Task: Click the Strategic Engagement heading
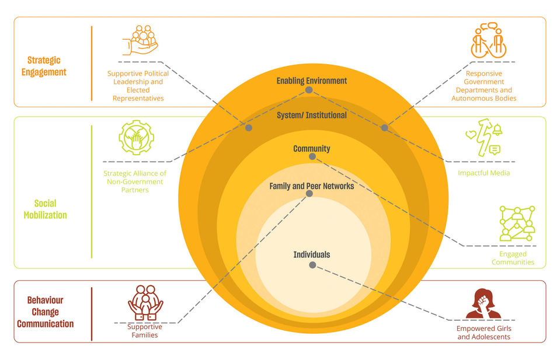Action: point(44,66)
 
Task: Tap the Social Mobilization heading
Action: point(45,209)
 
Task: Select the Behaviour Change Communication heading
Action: point(46,312)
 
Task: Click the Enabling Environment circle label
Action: point(311,81)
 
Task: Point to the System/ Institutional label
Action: point(311,115)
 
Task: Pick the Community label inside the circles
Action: point(311,148)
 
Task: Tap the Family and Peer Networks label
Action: point(311,186)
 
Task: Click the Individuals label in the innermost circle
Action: point(311,254)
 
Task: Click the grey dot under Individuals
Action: point(312,265)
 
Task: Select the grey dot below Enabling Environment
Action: point(309,90)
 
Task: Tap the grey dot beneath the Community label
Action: point(312,156)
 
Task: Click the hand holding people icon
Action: point(140,40)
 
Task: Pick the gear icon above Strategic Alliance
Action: point(136,137)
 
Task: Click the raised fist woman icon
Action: point(484,303)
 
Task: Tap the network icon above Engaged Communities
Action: point(517,223)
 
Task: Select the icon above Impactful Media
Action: point(484,137)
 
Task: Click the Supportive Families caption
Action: point(145,331)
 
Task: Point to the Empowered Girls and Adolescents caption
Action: point(484,333)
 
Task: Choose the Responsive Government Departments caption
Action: point(484,86)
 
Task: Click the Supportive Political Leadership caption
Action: point(138,86)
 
